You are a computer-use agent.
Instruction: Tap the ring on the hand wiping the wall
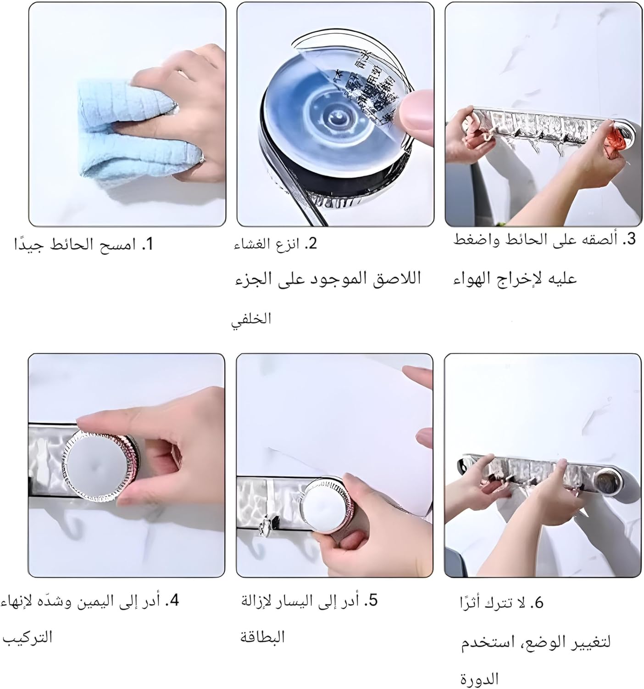[x=201, y=158]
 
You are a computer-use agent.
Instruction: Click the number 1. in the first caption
[x=147, y=244]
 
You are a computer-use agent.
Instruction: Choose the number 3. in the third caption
[x=629, y=239]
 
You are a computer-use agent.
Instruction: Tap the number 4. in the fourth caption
[x=172, y=600]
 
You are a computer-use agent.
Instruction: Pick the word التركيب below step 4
[x=28, y=637]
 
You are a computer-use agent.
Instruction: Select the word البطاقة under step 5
[x=263, y=637]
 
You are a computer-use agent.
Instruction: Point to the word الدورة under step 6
[x=479, y=678]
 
